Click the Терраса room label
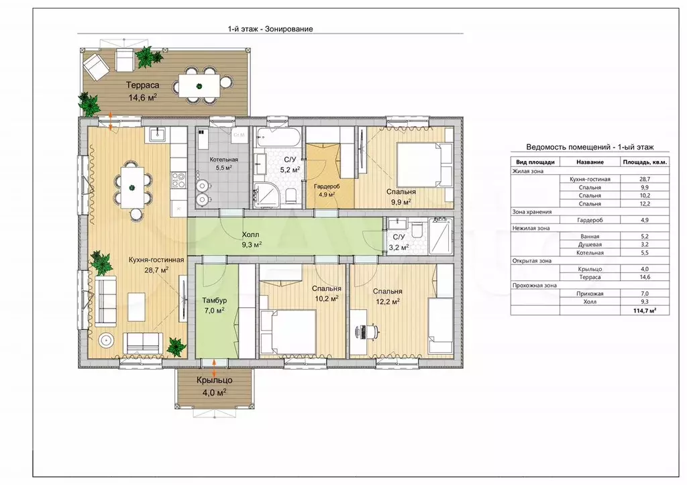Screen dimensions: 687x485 tap(143, 85)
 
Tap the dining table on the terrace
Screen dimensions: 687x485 tap(199, 86)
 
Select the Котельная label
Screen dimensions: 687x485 tap(223, 160)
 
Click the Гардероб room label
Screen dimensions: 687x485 tap(327, 186)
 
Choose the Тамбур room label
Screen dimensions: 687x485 tap(214, 301)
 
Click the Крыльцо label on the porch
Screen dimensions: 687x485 tap(214, 380)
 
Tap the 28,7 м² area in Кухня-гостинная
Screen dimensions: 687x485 tap(156, 270)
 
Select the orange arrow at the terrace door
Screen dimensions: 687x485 tap(111, 121)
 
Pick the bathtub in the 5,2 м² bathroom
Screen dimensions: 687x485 tap(278, 137)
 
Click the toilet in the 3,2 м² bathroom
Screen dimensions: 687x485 tap(416, 228)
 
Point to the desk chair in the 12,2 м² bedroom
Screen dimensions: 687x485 tap(369, 331)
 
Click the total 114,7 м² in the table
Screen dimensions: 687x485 tap(645, 310)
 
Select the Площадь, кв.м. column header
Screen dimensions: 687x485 tap(645, 162)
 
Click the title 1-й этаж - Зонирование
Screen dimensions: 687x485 tap(270, 29)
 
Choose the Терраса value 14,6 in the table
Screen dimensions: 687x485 tap(645, 277)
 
